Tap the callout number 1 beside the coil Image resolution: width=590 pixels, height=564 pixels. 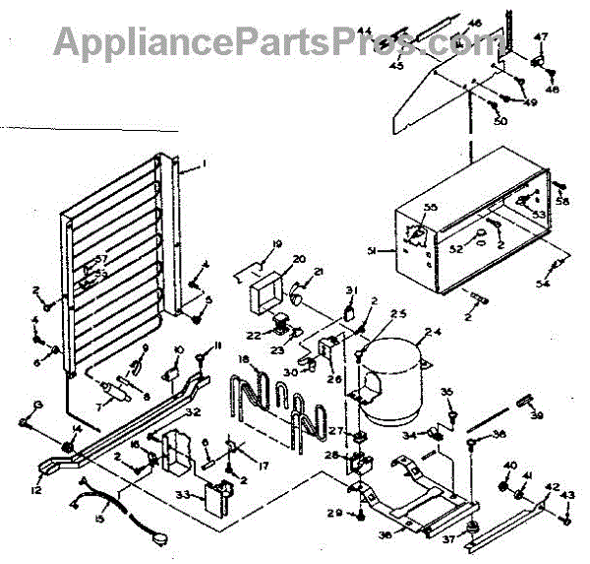point(204,162)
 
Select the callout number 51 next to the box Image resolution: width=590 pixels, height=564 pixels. point(373,251)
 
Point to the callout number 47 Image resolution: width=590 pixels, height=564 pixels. point(540,36)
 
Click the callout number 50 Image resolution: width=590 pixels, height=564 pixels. point(501,121)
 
